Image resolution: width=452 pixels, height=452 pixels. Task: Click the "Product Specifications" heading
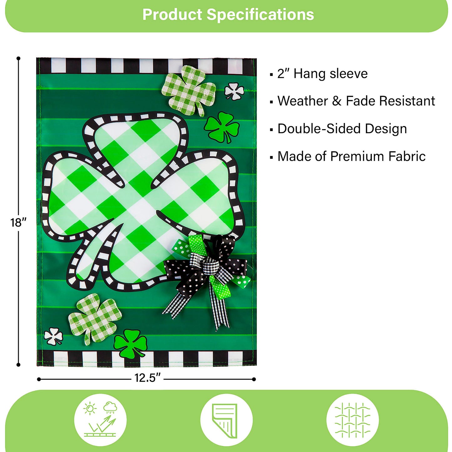pyautogui.click(x=228, y=15)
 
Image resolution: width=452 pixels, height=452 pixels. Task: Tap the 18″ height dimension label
pyautogui.click(x=18, y=222)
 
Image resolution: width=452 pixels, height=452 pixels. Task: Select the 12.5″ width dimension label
pyautogui.click(x=147, y=378)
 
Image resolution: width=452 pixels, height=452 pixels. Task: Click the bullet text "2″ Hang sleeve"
pyautogui.click(x=322, y=74)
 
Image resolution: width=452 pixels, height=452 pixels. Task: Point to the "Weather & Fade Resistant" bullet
pyautogui.click(x=356, y=101)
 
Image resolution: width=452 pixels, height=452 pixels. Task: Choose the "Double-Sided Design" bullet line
pyautogui.click(x=342, y=129)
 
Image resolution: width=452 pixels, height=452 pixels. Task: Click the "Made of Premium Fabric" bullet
pyautogui.click(x=351, y=156)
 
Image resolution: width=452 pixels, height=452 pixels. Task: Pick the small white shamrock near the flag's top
pyautogui.click(x=234, y=91)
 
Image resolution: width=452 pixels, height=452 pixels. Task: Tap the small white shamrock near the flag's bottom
pyautogui.click(x=53, y=336)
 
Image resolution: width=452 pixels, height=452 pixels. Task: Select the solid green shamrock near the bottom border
pyautogui.click(x=130, y=343)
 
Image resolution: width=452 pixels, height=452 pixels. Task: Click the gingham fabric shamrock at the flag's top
pyautogui.click(x=189, y=89)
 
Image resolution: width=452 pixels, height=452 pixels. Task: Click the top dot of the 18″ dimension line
pyautogui.click(x=18, y=58)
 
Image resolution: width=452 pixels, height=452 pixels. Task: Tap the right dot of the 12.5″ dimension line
pyautogui.click(x=254, y=379)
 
